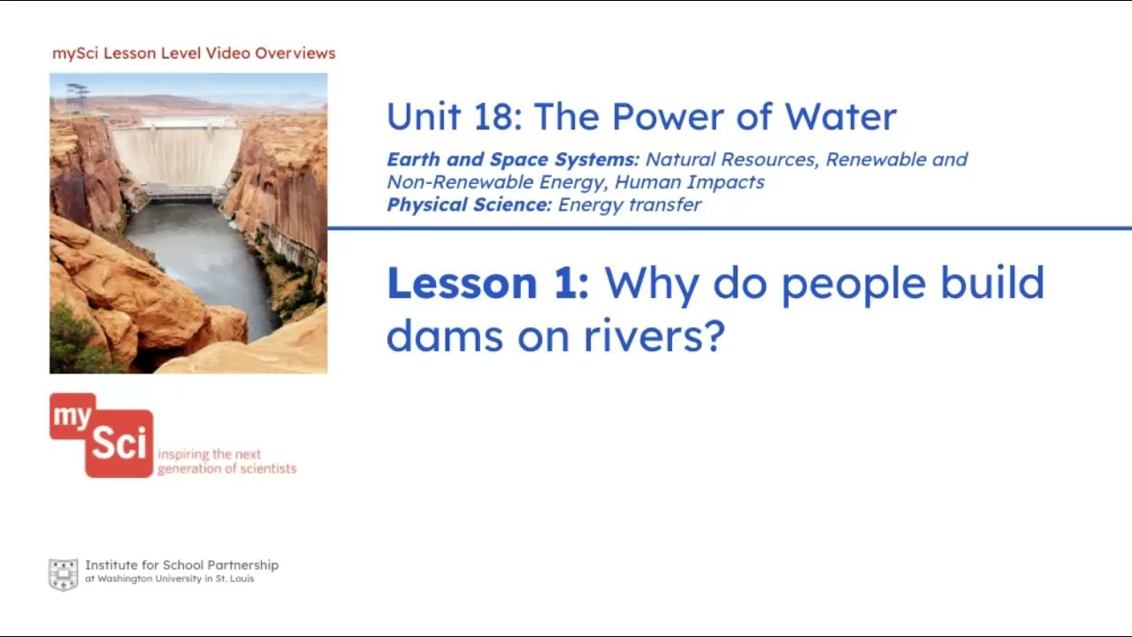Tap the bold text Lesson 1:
tap(487, 283)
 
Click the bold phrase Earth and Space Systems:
tap(513, 160)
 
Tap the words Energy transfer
tap(630, 205)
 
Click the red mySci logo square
tap(102, 435)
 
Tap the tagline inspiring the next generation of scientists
tap(226, 462)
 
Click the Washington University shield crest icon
tap(63, 574)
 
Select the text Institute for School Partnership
tap(181, 564)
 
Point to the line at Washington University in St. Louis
tap(169, 579)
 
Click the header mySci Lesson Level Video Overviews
tap(194, 53)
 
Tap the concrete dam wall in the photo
tap(177, 155)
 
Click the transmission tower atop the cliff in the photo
tap(77, 95)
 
